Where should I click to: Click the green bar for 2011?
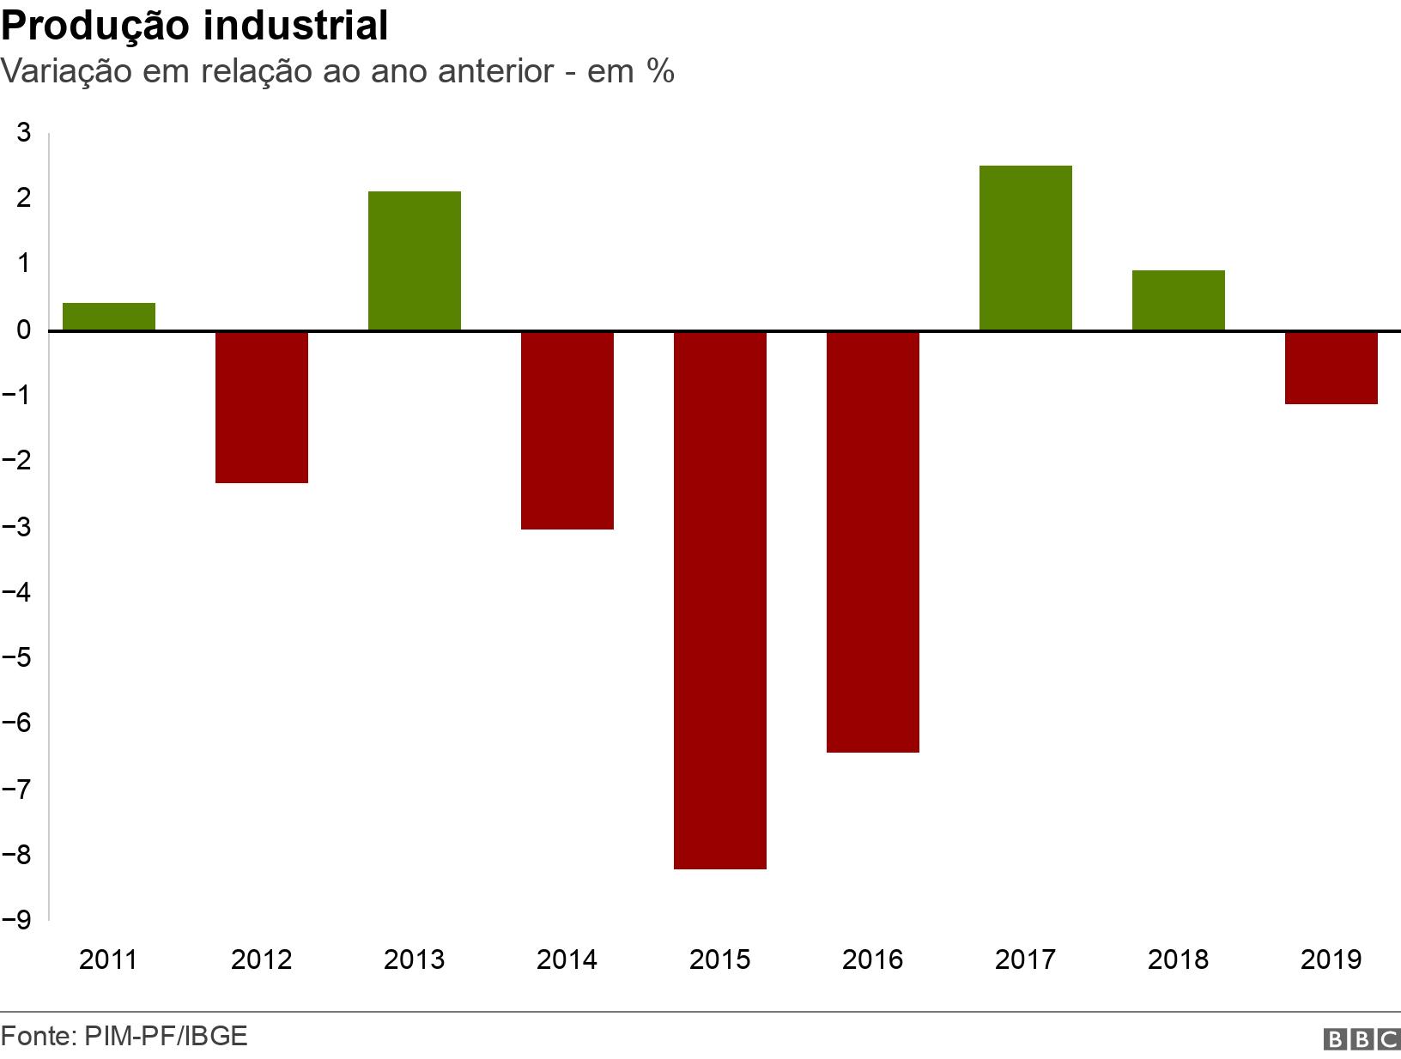click(109, 317)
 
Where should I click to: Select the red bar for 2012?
click(262, 407)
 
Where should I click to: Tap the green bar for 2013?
click(415, 261)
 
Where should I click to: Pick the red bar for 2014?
click(567, 430)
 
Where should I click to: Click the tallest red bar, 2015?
click(720, 600)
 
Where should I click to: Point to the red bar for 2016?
click(873, 542)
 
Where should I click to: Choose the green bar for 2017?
click(1026, 248)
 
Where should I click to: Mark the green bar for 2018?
click(1179, 300)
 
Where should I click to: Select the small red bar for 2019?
click(1331, 367)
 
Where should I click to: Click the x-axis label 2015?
click(720, 959)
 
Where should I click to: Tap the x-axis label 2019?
click(1331, 959)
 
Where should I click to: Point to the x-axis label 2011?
click(108, 959)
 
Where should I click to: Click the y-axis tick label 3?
click(24, 133)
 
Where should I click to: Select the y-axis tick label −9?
click(17, 920)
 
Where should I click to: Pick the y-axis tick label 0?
click(24, 330)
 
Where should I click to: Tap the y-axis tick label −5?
click(17, 658)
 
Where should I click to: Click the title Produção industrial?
click(195, 26)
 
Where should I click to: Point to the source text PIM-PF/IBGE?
click(166, 1036)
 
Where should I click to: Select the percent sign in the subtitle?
click(661, 71)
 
